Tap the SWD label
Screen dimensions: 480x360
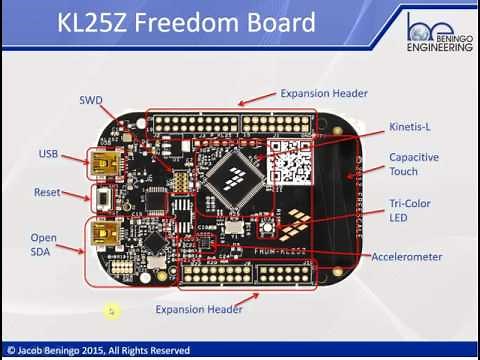tap(91, 100)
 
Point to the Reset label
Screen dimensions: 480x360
tap(46, 192)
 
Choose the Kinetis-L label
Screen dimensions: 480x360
tap(409, 127)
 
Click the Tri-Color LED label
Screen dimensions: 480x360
tap(409, 211)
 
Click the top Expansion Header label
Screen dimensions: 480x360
tap(323, 93)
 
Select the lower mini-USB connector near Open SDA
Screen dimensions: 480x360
tap(102, 235)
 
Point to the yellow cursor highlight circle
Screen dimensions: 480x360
tap(112, 311)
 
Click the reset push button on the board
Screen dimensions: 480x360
tap(101, 196)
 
